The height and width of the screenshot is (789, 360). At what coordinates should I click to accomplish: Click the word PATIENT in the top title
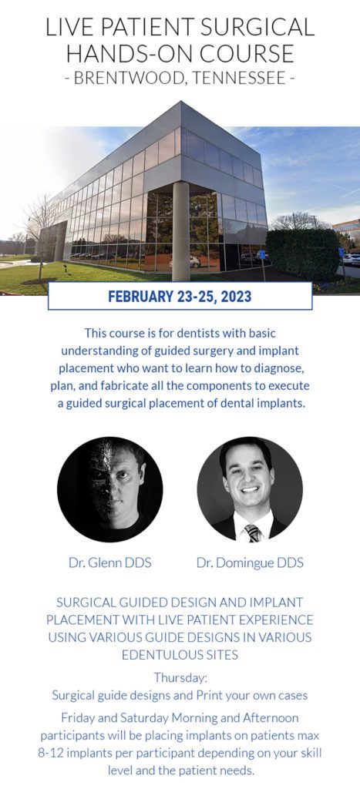(136, 27)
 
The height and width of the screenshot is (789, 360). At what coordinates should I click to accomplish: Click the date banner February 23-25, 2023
(180, 296)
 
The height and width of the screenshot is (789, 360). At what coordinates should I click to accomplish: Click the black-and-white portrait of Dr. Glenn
(109, 489)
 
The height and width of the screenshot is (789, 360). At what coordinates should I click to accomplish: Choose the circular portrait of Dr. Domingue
(250, 489)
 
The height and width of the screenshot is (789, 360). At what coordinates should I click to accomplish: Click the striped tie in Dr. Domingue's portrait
(251, 532)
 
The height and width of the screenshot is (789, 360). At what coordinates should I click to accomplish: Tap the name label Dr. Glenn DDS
(109, 562)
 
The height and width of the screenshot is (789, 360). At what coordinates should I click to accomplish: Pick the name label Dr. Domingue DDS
(250, 562)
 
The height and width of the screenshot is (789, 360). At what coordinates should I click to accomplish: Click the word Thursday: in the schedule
(180, 678)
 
